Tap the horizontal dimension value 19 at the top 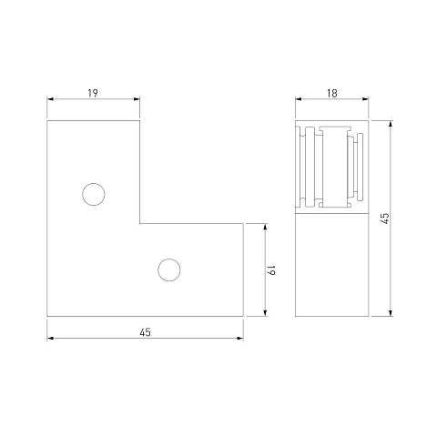coord(93,93)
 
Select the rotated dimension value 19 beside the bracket coord(271,269)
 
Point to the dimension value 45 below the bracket coord(145,332)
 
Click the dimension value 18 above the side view coord(332,93)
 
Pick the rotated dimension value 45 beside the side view coord(384,218)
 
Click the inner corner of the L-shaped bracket coord(139,224)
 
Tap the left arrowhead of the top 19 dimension coord(50,99)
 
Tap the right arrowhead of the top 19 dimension coord(137,99)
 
